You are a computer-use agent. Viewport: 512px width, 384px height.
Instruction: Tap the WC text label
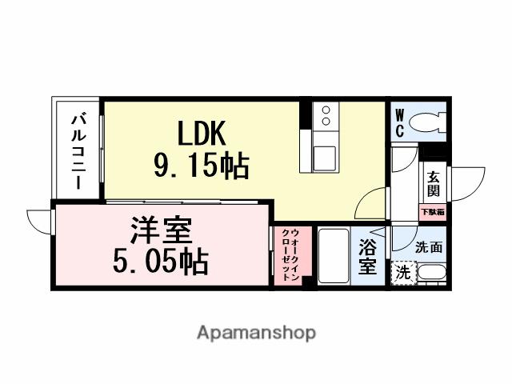click(x=398, y=125)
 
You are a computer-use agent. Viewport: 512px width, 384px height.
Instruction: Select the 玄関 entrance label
click(x=433, y=185)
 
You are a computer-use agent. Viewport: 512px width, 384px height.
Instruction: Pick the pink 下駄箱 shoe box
click(x=433, y=212)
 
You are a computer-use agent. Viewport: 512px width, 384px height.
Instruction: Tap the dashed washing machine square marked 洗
click(x=404, y=272)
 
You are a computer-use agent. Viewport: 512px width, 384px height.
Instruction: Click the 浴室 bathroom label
click(x=368, y=256)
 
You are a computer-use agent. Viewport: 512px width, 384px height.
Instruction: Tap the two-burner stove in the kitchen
click(x=326, y=118)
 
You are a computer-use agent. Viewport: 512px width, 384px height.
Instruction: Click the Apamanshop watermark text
click(x=256, y=332)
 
